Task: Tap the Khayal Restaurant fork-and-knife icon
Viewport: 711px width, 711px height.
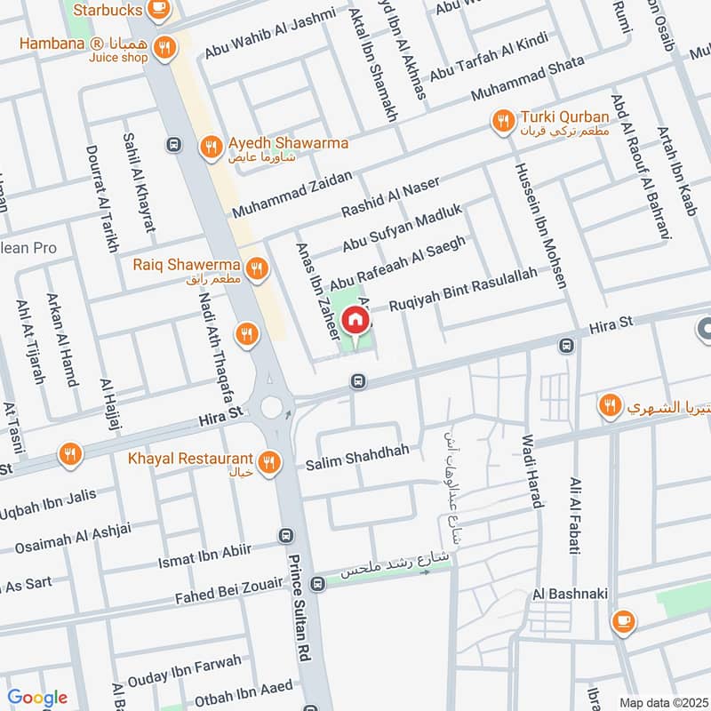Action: coord(269,460)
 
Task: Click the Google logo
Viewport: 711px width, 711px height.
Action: coord(37,697)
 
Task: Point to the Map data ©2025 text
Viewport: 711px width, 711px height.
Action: coord(661,702)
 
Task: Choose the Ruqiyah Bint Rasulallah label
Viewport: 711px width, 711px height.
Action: coord(462,289)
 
